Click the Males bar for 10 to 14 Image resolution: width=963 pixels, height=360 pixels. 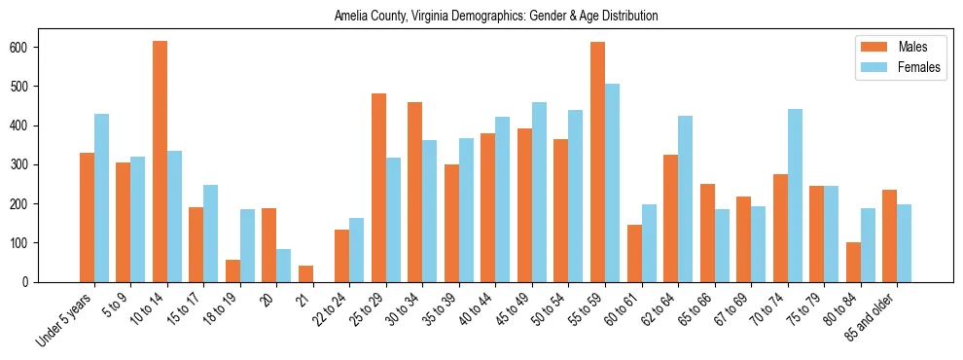tap(160, 162)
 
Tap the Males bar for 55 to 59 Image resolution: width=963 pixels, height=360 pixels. tap(597, 162)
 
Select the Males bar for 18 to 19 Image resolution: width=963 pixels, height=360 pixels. tap(232, 270)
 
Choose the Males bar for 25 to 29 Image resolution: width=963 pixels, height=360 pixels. tap(378, 188)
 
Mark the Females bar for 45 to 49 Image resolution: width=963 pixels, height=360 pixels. tap(539, 192)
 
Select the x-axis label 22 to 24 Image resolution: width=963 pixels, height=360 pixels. tap(325, 309)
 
